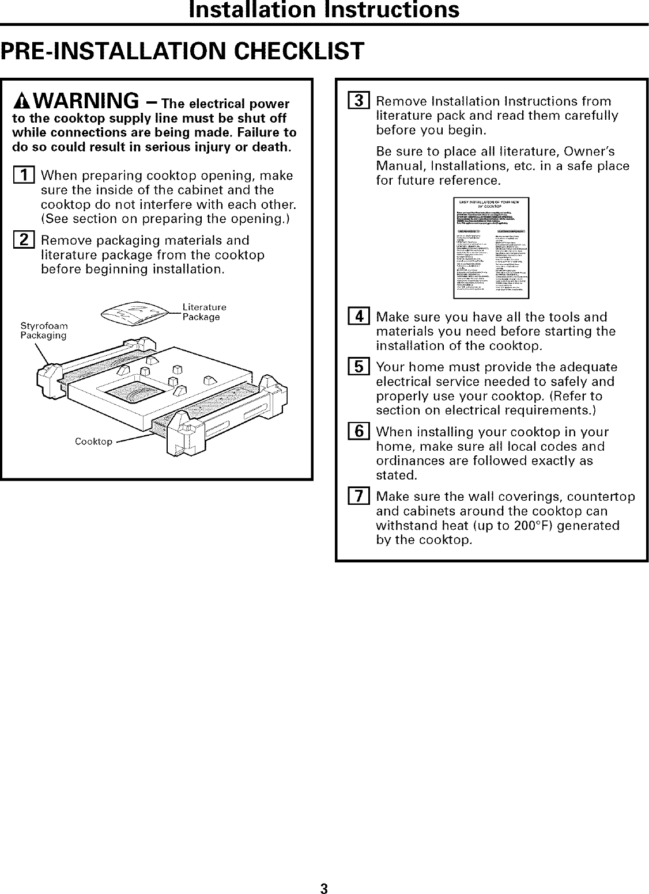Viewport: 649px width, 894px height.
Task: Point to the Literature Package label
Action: click(x=203, y=312)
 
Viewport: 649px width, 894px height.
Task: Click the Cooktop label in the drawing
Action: click(x=93, y=442)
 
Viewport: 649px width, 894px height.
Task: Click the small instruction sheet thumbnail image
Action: click(x=491, y=248)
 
